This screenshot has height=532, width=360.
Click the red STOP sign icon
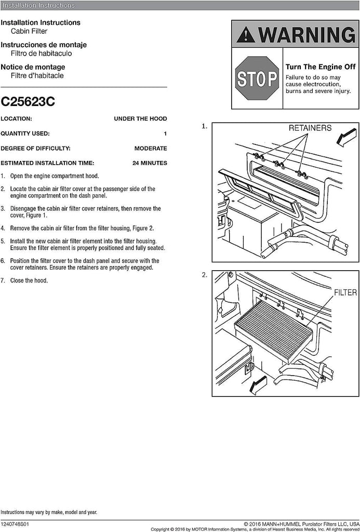point(257,78)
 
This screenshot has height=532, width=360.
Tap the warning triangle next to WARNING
point(246,35)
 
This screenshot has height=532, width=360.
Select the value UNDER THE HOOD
point(140,119)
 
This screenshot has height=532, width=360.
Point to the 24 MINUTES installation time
point(150,163)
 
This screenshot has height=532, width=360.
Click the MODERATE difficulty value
point(151,149)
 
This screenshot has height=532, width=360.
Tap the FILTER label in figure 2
point(345,293)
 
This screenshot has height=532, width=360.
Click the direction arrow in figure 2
point(258,385)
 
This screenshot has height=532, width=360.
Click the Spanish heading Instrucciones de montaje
point(44,45)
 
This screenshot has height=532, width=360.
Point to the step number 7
point(3,281)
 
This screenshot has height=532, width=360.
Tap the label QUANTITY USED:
point(25,134)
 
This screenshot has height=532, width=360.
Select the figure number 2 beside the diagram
point(204,275)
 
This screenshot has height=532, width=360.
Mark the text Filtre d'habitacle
point(37,76)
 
